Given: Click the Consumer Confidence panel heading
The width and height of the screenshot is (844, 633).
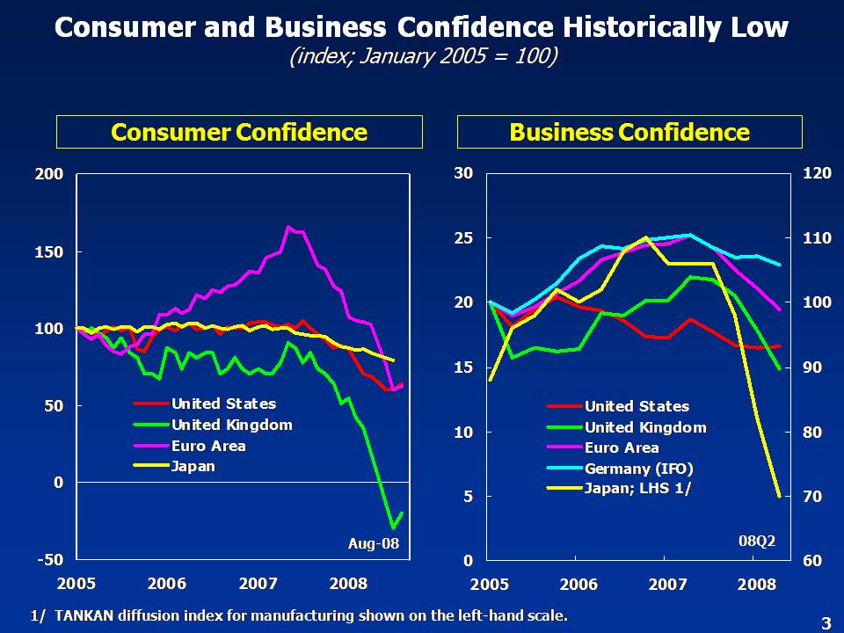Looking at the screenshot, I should pos(239,133).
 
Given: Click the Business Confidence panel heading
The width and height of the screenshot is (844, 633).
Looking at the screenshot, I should pos(629,133).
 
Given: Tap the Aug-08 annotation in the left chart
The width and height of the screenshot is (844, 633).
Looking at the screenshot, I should pos(374,544).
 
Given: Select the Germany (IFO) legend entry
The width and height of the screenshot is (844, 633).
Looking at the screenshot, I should pos(639,468).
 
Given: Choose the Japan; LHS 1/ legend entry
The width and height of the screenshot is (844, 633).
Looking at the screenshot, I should pos(637,489).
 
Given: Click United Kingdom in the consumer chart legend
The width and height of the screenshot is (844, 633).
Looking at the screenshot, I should pos(231,425).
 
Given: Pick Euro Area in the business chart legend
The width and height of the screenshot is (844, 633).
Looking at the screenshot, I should pos(622,447).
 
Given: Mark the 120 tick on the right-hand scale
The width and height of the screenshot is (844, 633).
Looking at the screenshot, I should pos(817,174).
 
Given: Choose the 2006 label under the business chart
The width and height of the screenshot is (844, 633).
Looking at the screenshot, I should pos(578,584).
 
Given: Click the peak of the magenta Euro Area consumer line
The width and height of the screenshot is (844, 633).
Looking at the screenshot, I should pos(288,227).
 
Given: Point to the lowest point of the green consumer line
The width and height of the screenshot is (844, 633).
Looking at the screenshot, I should pos(393,527).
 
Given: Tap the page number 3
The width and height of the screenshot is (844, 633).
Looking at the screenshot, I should pos(825,623).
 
